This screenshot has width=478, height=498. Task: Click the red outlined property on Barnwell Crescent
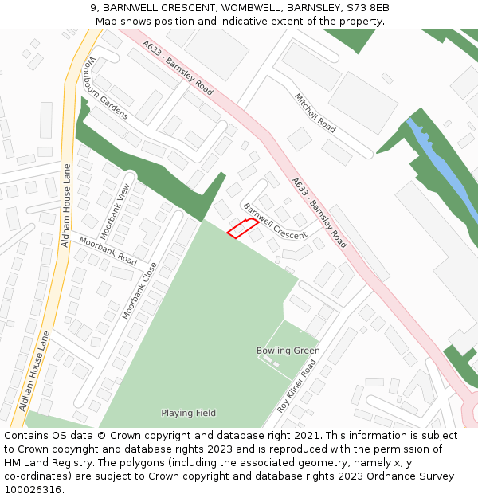242,228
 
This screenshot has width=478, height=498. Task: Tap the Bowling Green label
288,351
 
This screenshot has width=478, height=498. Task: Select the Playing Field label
188,413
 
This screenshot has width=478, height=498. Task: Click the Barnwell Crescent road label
275,222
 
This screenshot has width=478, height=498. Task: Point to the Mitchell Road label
315,112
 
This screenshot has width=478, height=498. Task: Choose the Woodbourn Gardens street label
107,88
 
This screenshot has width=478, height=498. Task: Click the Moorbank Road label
108,250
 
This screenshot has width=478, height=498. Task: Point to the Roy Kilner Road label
296,385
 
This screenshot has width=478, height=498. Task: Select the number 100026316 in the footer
33,489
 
